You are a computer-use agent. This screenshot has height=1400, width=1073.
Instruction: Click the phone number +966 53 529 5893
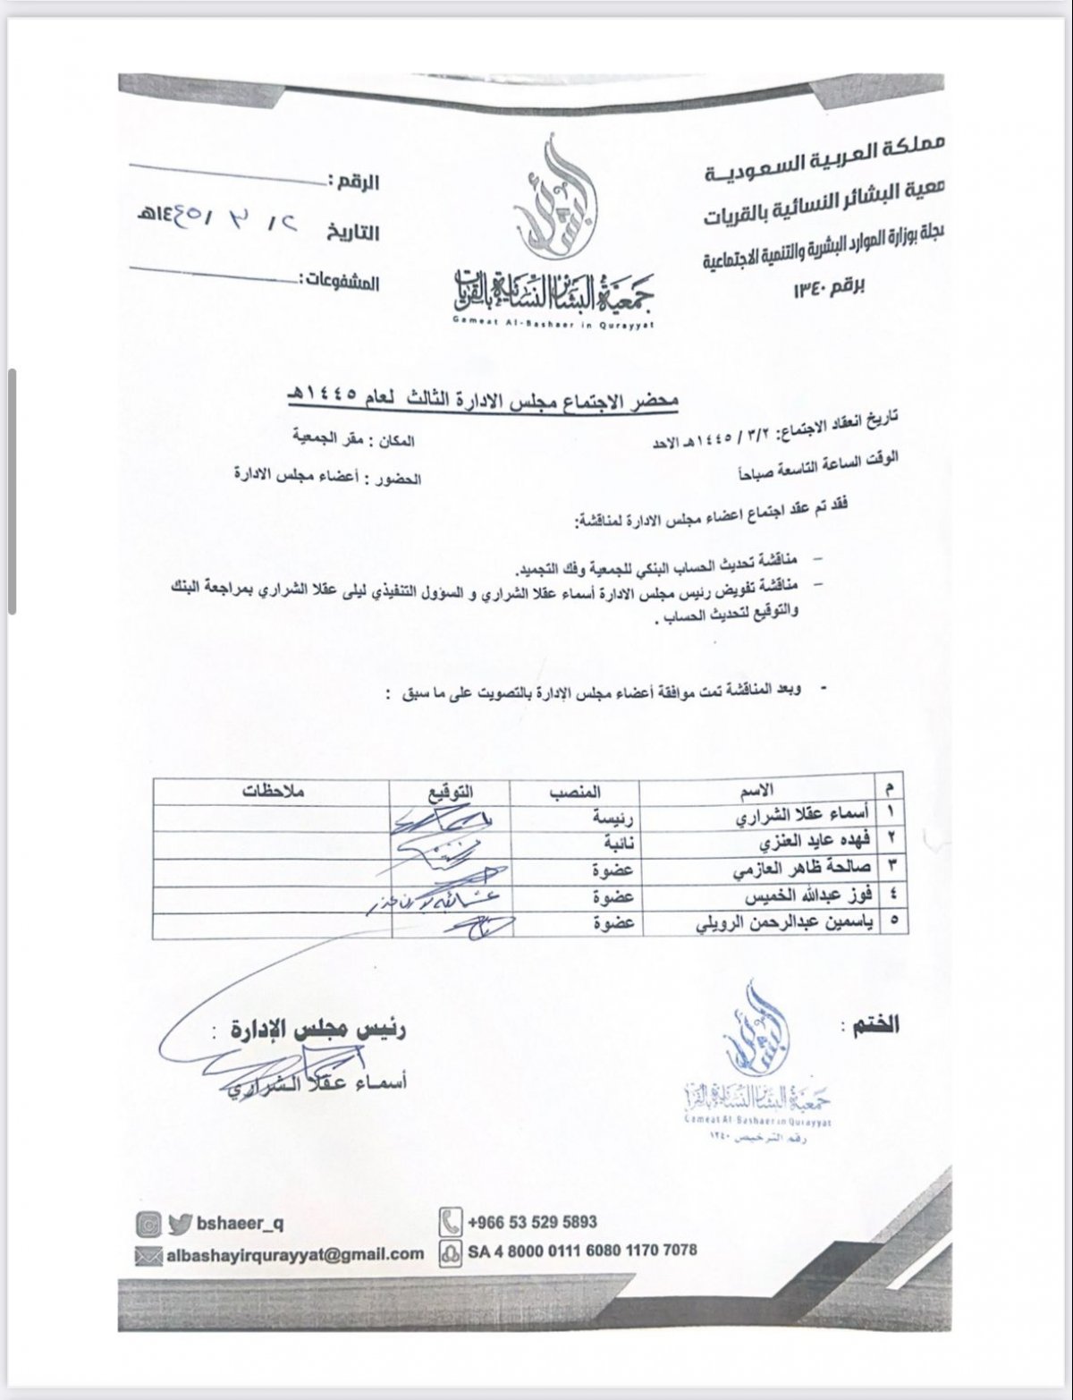click(x=532, y=1221)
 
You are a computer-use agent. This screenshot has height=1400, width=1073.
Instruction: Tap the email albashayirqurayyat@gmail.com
click(x=295, y=1253)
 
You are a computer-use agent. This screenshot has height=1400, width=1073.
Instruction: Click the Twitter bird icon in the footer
click(x=181, y=1222)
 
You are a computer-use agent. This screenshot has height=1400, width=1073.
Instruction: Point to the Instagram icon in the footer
click(x=148, y=1222)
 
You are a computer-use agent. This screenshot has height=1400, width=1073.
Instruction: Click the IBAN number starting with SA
click(x=581, y=1251)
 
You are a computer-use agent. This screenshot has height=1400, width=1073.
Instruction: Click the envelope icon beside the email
click(x=148, y=1254)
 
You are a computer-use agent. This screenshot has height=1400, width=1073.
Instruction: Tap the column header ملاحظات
click(x=274, y=791)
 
